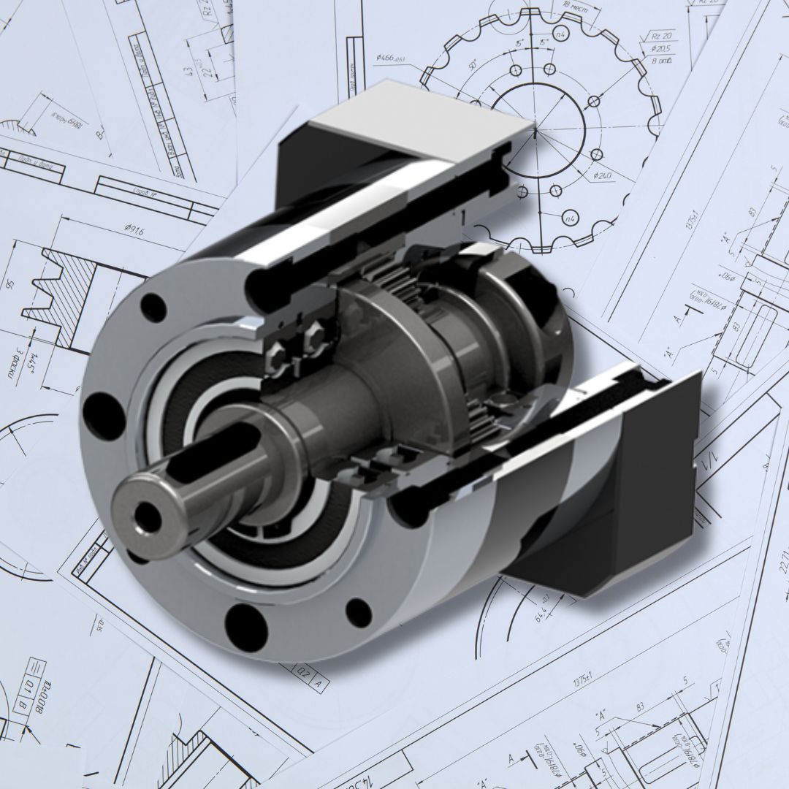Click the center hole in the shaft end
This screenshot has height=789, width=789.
pos(148,517)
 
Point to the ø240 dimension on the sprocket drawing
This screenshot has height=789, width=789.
pos(603,175)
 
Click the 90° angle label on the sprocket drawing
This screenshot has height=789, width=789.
pos(473,66)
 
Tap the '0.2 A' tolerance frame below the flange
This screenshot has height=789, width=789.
pos(310,679)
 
